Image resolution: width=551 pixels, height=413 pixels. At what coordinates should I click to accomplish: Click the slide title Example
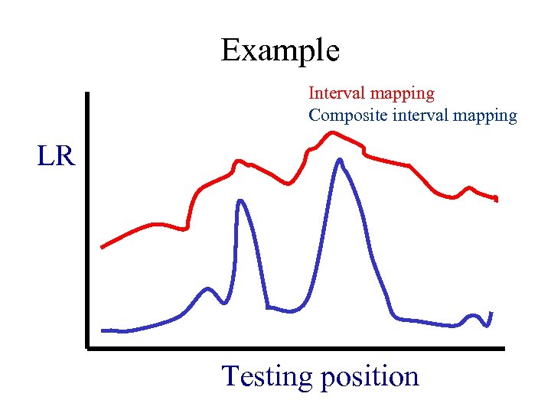pos(280,51)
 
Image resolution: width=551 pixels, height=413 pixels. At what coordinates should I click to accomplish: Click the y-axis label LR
pos(56,157)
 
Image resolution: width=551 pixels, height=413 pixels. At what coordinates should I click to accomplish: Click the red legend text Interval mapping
pos(371,93)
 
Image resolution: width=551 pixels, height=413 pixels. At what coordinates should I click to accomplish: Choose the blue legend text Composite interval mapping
pos(412,116)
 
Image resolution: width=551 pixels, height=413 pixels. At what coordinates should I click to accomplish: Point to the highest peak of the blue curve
pos(339,160)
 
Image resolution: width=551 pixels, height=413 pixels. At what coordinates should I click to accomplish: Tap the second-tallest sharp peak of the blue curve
pos(240,201)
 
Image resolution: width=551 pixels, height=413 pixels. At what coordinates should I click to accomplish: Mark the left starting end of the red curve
pos(103,247)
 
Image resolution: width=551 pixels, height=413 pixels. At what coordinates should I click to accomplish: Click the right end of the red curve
pos(497,199)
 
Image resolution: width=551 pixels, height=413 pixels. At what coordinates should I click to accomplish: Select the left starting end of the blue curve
pos(103,330)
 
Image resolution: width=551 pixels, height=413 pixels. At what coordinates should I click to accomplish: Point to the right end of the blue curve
pos(490,313)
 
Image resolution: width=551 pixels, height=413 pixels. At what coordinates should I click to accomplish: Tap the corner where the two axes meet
pos(88,348)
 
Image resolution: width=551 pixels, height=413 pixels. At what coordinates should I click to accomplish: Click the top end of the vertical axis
pos(88,94)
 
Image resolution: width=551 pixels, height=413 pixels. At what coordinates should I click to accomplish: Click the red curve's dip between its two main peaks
pos(288,184)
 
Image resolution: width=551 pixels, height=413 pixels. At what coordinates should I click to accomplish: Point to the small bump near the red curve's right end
pos(469,187)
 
